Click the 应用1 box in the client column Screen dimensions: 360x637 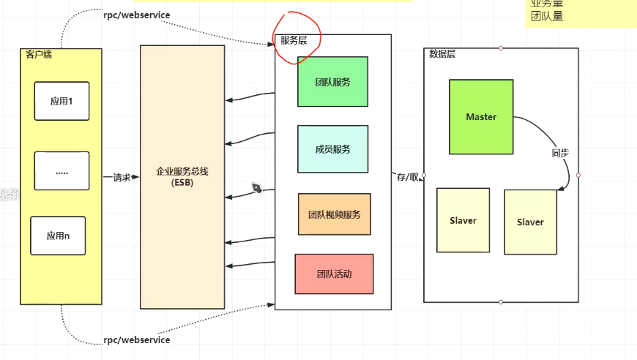(x=62, y=101)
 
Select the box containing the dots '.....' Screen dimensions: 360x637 (x=62, y=171)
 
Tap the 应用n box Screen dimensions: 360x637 (x=58, y=236)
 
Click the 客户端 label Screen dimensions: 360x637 (x=38, y=54)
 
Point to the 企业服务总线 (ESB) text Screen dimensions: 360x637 (x=182, y=176)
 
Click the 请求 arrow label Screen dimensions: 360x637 (x=121, y=177)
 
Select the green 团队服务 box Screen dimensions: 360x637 (x=332, y=82)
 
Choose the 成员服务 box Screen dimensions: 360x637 (x=332, y=149)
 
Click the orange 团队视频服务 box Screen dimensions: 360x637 (x=335, y=214)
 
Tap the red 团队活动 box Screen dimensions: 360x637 (x=334, y=274)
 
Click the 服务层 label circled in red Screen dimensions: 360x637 (x=294, y=41)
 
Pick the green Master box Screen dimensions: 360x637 (x=481, y=117)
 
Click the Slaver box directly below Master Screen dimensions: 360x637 (x=463, y=220)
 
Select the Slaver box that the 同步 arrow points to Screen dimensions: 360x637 (x=530, y=222)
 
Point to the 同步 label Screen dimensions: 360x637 (x=560, y=154)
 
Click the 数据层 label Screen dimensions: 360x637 (x=442, y=53)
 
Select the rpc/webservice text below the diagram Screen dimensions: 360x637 (x=136, y=340)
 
